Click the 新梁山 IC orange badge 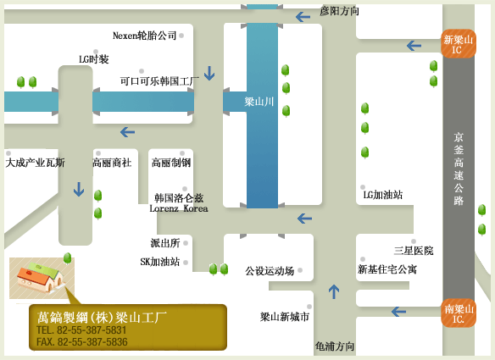(459, 44)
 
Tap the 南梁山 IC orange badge (459, 313)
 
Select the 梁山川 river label (259, 102)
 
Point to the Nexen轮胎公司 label (145, 36)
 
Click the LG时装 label (94, 59)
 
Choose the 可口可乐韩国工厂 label (159, 81)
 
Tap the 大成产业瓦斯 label (35, 163)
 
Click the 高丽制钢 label (171, 163)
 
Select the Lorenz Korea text (179, 208)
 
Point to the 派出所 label (165, 243)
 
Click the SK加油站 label (160, 262)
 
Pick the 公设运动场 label (270, 271)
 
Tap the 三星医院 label (414, 251)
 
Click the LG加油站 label (383, 195)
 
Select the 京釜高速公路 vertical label (459, 169)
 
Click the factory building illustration (41, 278)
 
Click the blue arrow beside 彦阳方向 (303, 17)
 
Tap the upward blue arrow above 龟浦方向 (334, 291)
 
